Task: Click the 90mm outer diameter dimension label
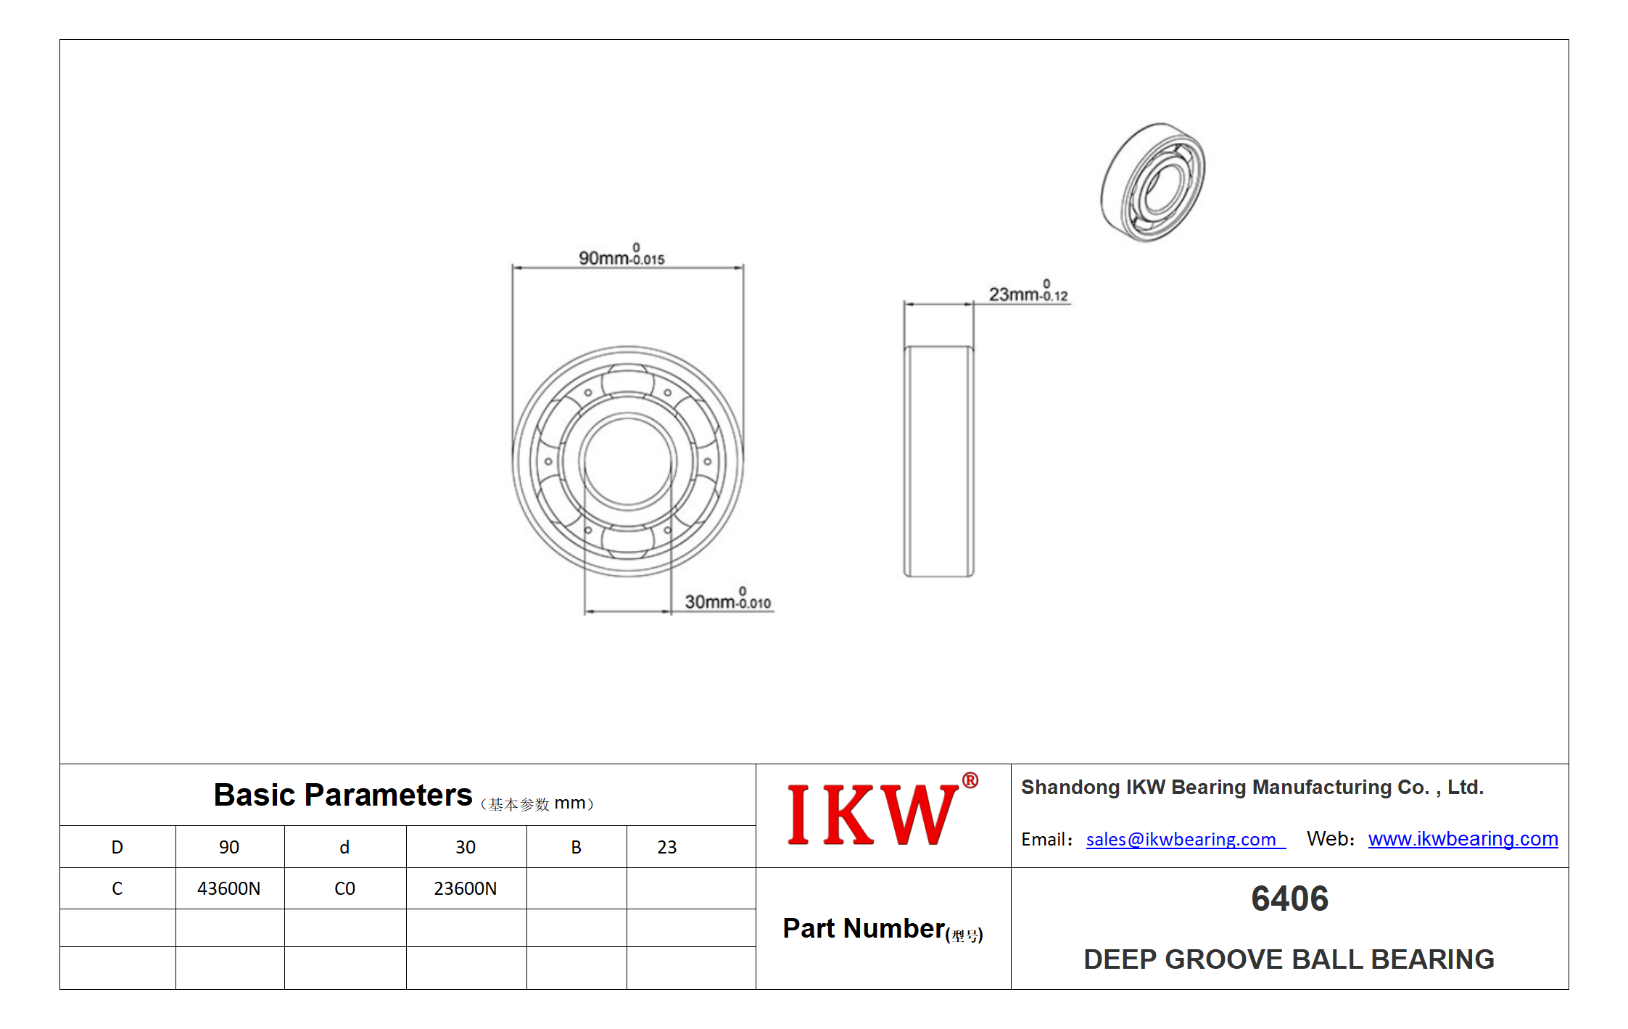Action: [x=621, y=255]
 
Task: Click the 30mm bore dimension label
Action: [x=728, y=599]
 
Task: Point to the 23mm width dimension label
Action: [x=1028, y=292]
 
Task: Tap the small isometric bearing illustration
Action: [x=1153, y=182]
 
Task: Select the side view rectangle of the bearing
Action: [x=938, y=461]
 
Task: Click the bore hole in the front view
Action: [x=627, y=461]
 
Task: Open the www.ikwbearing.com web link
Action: [x=1463, y=839]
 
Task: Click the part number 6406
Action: [x=1289, y=898]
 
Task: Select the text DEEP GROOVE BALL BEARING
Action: [x=1289, y=959]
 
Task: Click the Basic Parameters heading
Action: [x=342, y=795]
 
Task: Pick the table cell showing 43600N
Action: [x=230, y=888]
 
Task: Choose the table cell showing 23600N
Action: [x=466, y=888]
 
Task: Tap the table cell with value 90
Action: [x=230, y=847]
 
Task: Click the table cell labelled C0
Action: [x=345, y=888]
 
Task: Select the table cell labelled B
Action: [x=577, y=847]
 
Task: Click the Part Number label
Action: [x=883, y=929]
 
